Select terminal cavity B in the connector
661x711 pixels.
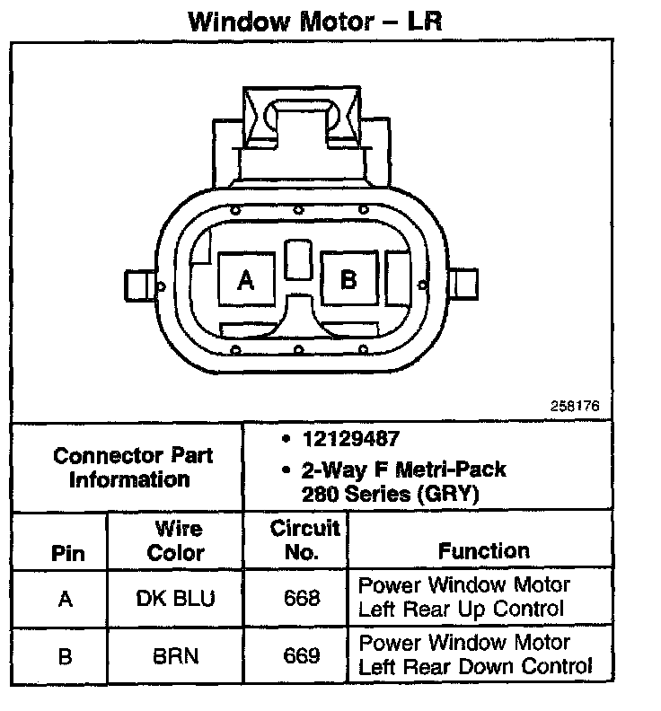[348, 279]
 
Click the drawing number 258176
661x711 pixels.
[574, 406]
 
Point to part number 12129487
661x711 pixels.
[350, 439]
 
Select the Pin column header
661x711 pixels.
[66, 552]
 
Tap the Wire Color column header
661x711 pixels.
[176, 540]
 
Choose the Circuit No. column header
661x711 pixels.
[305, 540]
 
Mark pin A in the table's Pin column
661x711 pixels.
[66, 599]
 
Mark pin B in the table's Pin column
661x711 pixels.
[66, 656]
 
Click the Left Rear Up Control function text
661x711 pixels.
[462, 610]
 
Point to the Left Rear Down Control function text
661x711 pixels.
[475, 667]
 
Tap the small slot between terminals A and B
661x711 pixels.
[296, 261]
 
